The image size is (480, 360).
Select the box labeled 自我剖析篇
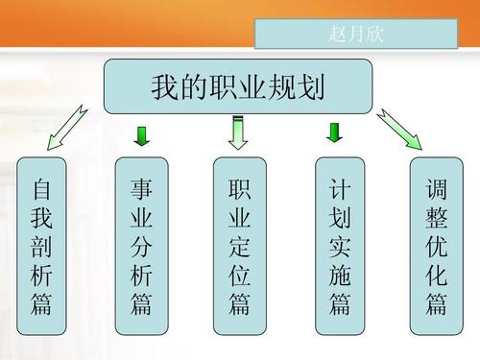point(40,246)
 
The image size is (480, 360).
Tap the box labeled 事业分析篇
point(141,246)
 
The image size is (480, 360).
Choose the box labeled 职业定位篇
point(239,246)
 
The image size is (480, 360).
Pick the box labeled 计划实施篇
point(339,246)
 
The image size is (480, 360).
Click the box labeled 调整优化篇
point(437,246)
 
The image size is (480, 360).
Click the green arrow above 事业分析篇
point(141,135)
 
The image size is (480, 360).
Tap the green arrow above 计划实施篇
point(336,132)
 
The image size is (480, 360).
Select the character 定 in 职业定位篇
point(239,246)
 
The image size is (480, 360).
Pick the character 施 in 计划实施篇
point(339,276)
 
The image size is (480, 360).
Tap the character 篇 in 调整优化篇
point(437,305)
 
